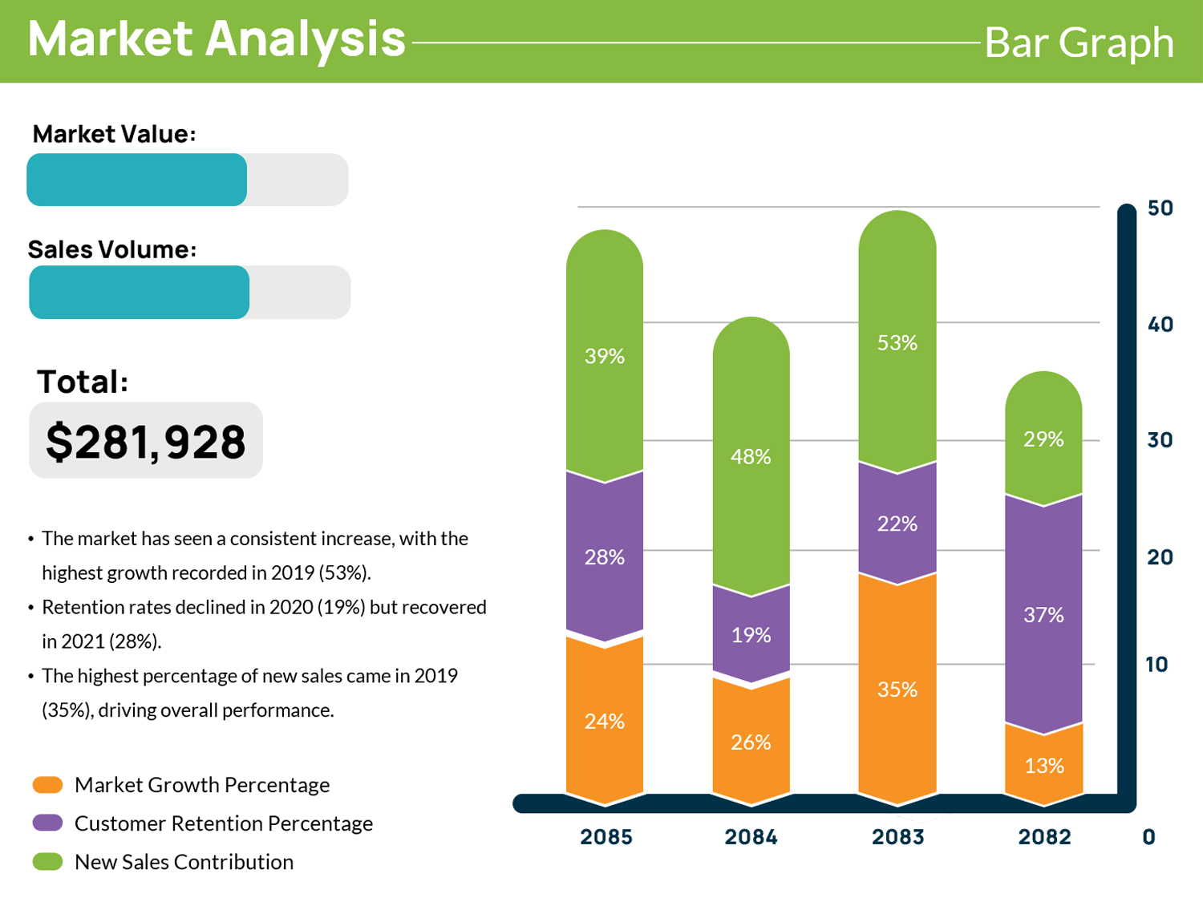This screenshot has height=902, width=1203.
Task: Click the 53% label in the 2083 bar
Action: coord(897,343)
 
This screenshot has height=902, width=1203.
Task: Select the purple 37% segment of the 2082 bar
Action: coord(1043,615)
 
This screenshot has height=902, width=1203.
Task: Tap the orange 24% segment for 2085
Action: coord(605,721)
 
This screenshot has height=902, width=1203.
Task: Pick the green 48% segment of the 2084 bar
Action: coord(751,456)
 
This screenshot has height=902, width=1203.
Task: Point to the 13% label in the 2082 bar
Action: coord(1044,766)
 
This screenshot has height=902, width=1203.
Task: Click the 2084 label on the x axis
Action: coord(751,837)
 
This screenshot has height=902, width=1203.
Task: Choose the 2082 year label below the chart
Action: coord(1044,837)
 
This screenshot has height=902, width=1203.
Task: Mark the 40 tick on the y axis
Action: coord(1160,325)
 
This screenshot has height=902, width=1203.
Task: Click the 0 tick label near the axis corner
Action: coord(1148,837)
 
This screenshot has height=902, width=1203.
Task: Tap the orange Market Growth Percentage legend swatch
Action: coord(47,785)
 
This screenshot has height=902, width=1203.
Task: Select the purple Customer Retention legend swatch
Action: coord(47,823)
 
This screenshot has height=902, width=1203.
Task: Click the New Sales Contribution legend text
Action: coord(184,862)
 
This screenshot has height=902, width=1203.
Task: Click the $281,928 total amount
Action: coord(145,442)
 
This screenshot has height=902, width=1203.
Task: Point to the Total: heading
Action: coord(82,382)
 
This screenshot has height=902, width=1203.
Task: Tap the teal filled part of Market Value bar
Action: coord(136,180)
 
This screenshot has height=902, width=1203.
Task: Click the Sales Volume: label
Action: coord(111,249)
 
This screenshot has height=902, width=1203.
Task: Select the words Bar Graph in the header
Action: coord(1079,42)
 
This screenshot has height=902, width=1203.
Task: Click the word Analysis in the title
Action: coord(305,38)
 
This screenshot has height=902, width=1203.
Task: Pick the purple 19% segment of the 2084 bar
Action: coord(751,635)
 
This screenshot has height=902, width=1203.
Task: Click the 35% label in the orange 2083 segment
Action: coord(897,690)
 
